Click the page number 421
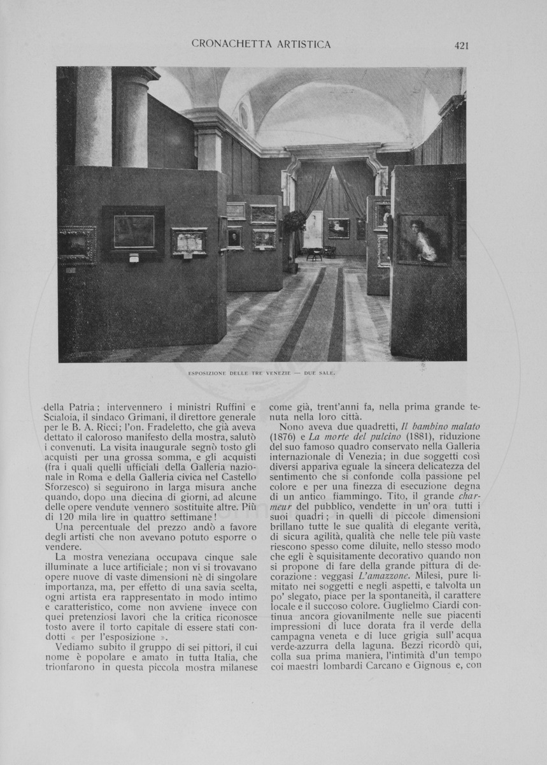[462, 45]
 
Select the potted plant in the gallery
[294, 224]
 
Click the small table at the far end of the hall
[314, 253]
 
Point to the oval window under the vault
[243, 117]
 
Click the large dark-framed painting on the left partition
[134, 231]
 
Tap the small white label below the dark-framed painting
[134, 258]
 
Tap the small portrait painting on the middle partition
[234, 238]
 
